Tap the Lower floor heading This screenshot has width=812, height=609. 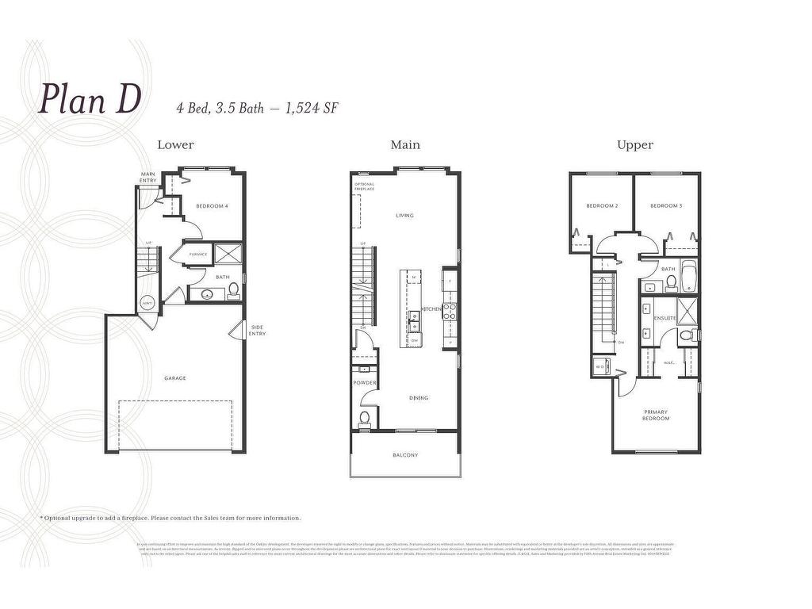(175, 144)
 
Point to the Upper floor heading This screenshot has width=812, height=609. (635, 144)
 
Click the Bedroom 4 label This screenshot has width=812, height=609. (212, 206)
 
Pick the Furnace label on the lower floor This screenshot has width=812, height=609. (198, 254)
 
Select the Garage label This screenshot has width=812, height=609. (175, 378)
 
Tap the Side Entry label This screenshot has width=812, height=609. (258, 331)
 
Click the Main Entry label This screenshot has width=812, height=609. (148, 178)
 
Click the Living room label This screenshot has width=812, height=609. (404, 215)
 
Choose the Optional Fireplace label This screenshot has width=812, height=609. (365, 187)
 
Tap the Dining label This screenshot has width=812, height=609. (419, 398)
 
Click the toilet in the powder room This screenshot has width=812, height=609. (365, 418)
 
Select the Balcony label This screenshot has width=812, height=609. (404, 455)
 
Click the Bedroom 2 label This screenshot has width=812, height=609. (602, 206)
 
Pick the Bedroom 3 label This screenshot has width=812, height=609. (666, 206)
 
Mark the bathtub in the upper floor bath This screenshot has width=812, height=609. (688, 275)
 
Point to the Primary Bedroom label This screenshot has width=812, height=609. (656, 415)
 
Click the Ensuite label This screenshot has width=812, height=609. (665, 318)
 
